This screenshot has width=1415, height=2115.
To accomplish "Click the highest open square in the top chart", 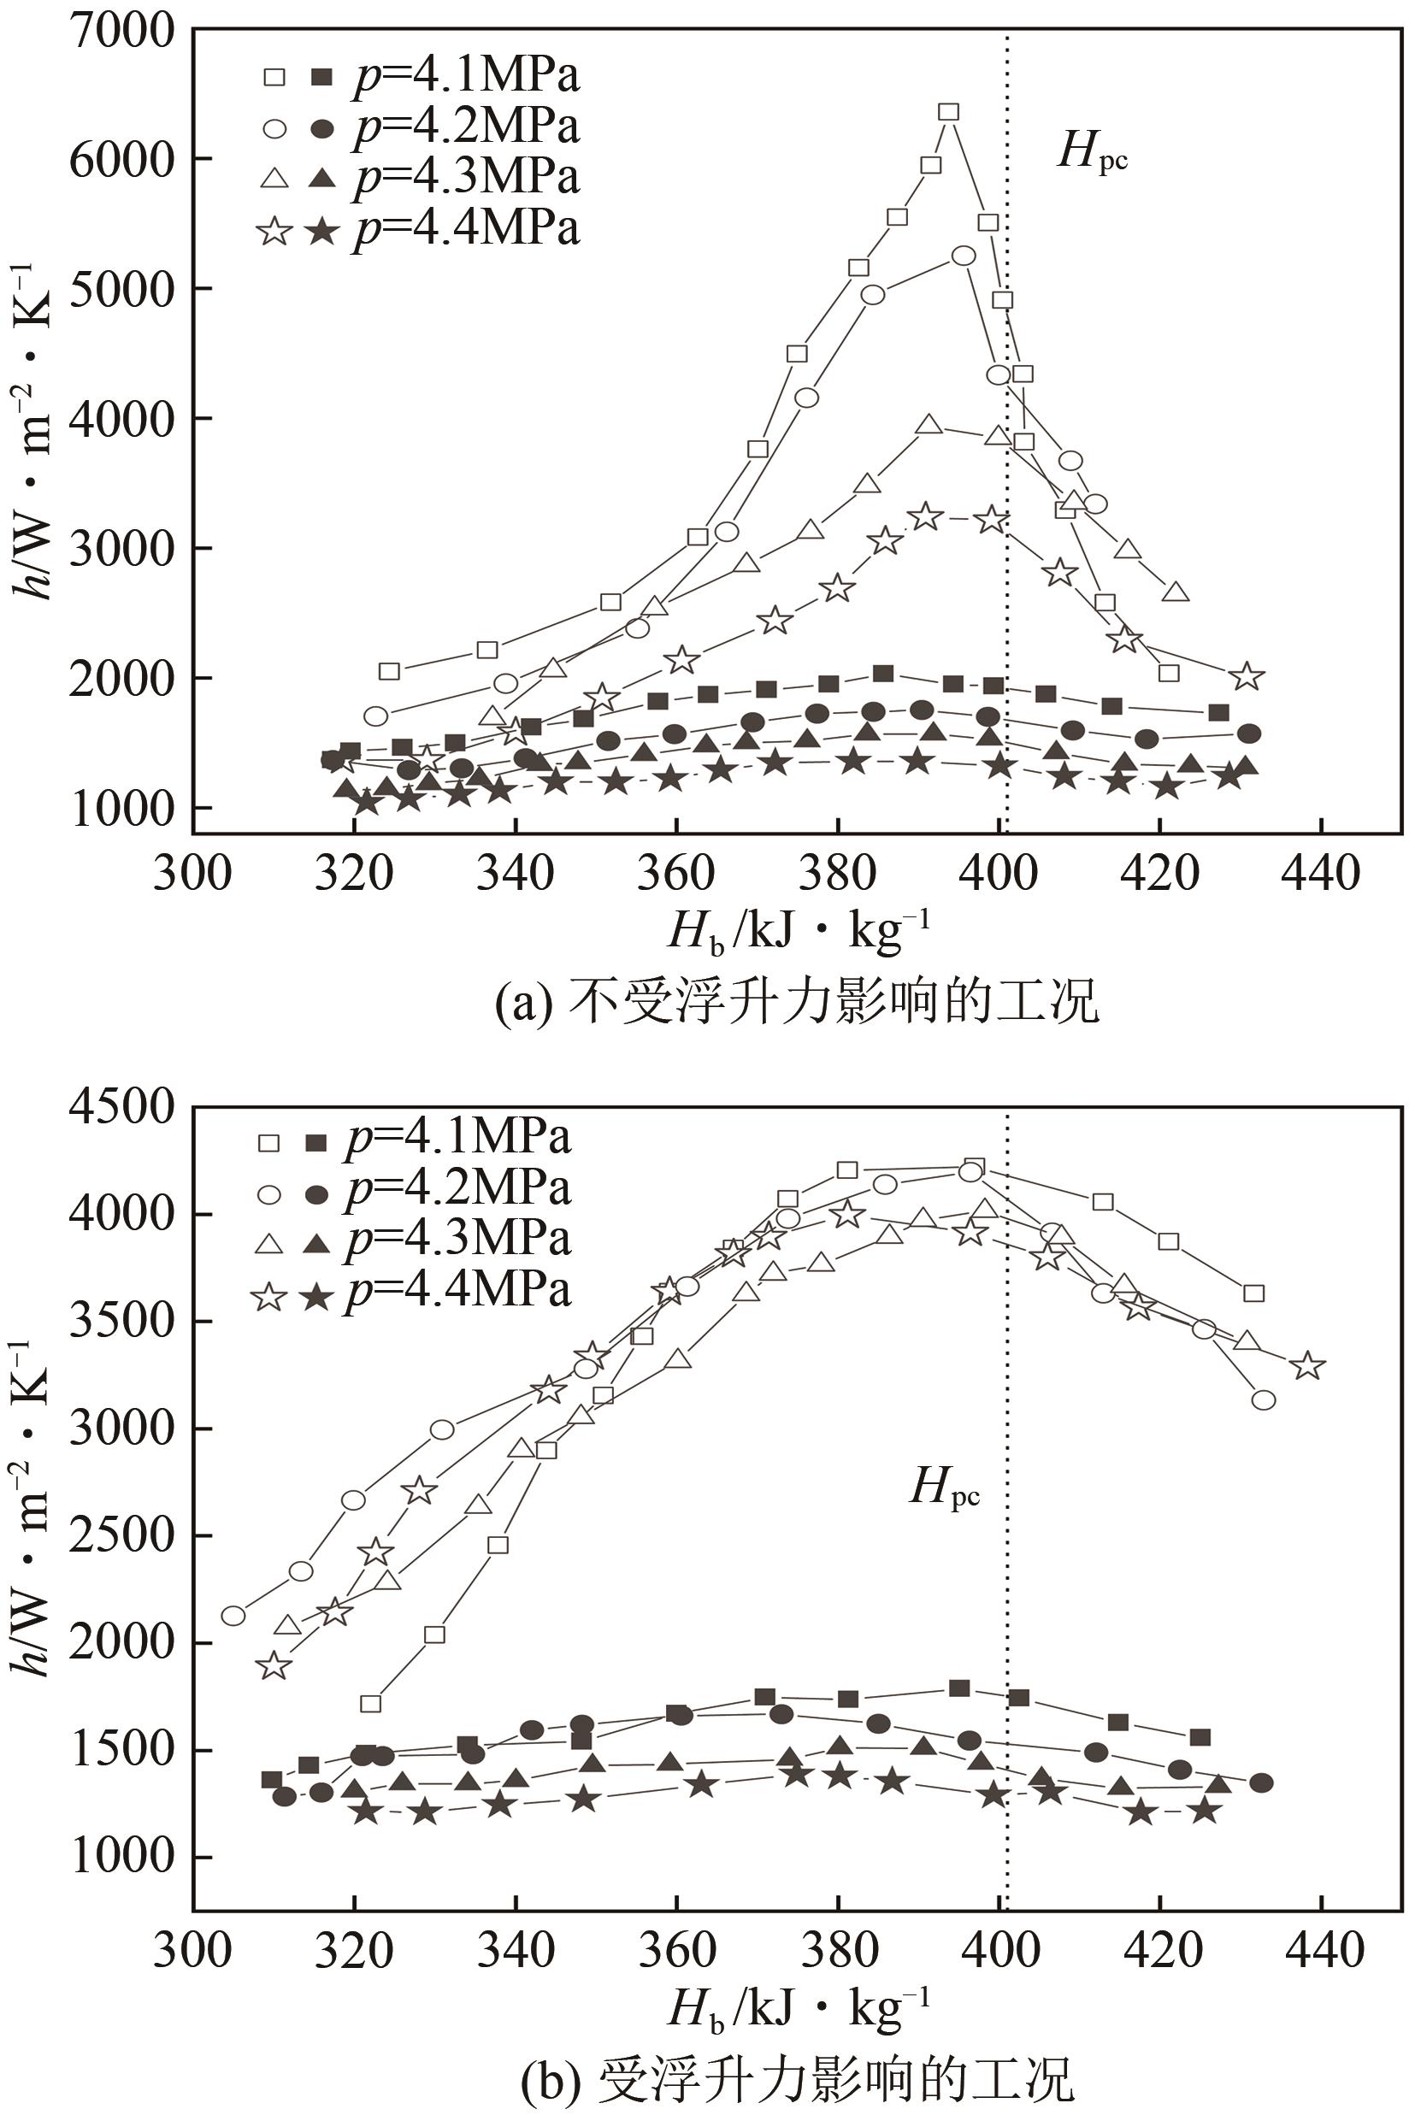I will point(948,112).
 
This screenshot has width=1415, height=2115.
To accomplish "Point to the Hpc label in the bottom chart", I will point(944,1487).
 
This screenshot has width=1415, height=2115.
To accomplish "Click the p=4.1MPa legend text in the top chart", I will point(466,76).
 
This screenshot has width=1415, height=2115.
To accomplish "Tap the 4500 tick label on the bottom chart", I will point(121,1106).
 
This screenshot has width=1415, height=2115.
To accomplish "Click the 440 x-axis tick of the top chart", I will point(1320,874).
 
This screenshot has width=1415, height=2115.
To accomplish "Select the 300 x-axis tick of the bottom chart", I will point(192,1950).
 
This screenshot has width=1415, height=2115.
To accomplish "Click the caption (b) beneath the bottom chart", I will point(797,2077).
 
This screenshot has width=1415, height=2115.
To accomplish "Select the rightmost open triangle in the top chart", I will point(1174,592).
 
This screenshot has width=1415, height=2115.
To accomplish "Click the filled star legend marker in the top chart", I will point(320,233).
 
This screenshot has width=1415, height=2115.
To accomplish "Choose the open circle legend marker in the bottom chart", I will point(270,1194).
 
